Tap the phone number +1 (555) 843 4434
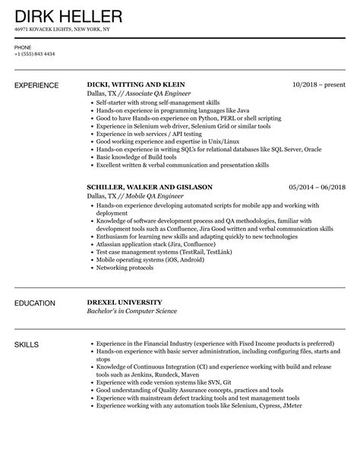point(34,53)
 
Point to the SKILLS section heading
point(28,346)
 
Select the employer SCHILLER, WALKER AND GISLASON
point(149,186)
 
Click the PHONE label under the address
point(23,46)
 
